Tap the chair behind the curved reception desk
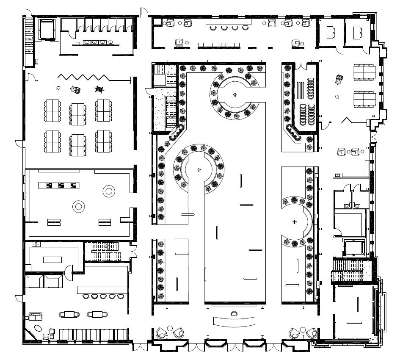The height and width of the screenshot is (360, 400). point(234,314)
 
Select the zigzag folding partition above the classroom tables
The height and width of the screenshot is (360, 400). point(83,77)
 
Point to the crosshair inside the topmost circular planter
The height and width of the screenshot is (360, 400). point(235,94)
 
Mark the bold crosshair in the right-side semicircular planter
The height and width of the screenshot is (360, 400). point(295,222)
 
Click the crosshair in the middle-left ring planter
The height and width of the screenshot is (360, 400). point(199,170)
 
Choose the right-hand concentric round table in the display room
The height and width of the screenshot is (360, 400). point(109,191)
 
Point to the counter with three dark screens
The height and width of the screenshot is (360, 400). point(59,185)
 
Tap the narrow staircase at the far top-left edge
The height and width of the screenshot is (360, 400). point(29,42)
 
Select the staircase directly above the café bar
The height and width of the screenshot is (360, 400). point(105,251)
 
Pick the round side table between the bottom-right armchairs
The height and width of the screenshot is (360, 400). point(302,329)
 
